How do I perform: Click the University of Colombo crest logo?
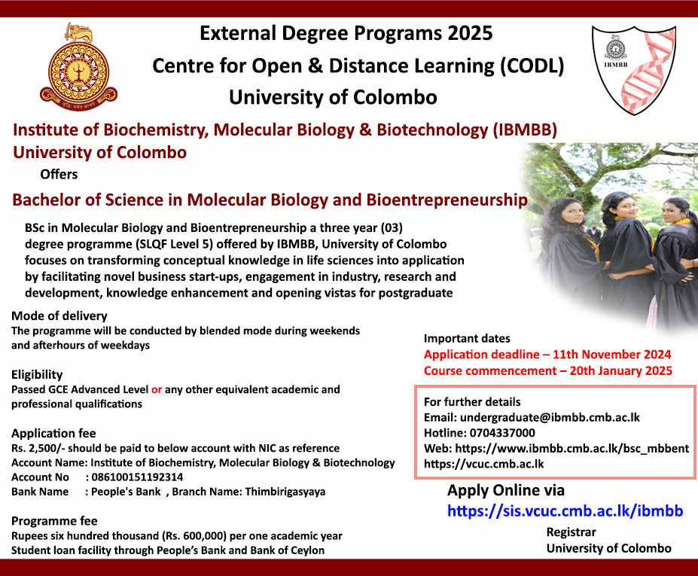click(79, 67)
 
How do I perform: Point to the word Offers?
click(59, 174)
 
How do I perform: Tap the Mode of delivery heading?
click(59, 315)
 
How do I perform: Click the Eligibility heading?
click(37, 374)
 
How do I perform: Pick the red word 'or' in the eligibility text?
click(157, 389)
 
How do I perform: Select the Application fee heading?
click(53, 433)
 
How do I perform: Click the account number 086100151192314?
click(137, 477)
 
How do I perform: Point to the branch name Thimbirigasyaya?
click(285, 492)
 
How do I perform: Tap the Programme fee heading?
click(54, 521)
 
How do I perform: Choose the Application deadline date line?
click(547, 355)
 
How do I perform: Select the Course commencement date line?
click(548, 370)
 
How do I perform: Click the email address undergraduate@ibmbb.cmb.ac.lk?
click(550, 418)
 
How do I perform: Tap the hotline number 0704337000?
click(502, 433)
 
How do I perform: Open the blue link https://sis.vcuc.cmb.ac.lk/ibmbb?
click(565, 510)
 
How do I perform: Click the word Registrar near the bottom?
click(572, 532)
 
